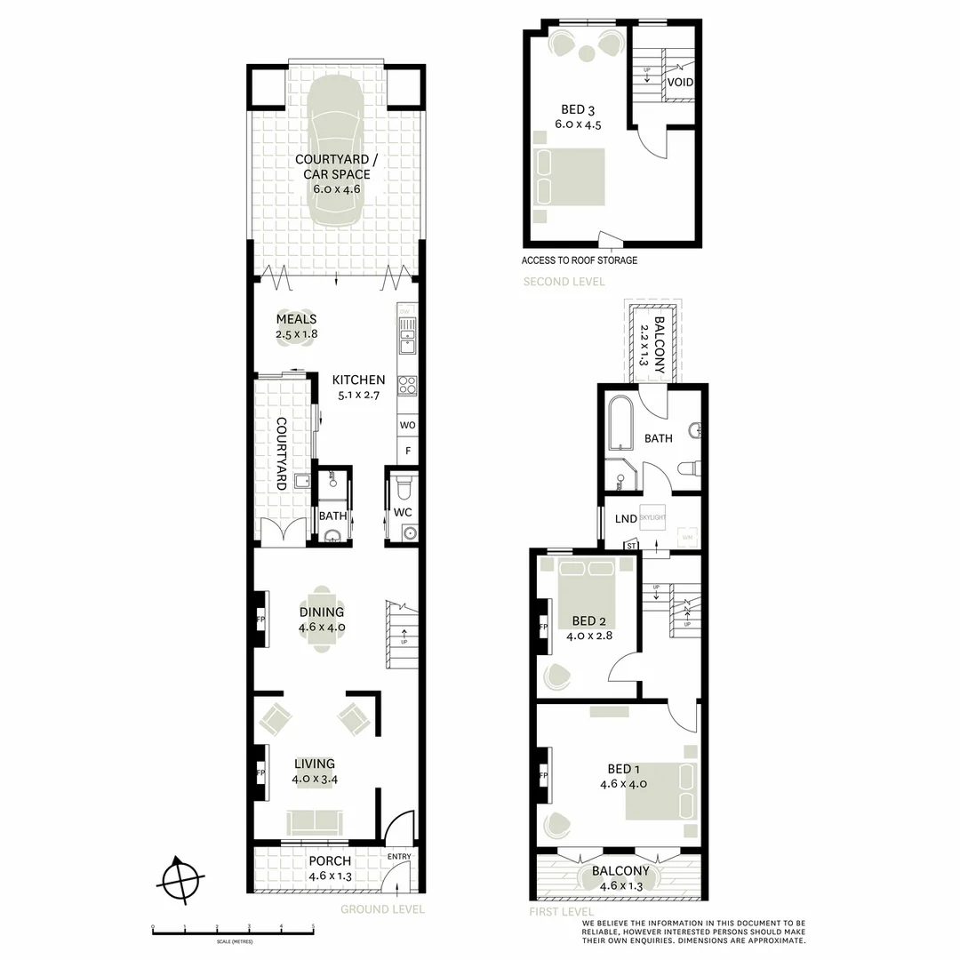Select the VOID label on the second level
coord(680,83)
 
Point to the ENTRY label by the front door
coord(399,856)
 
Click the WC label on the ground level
coord(404,513)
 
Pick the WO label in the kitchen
coord(407,426)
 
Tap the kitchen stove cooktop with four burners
coord(407,385)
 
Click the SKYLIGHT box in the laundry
coord(652,516)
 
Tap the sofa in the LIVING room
coord(314,820)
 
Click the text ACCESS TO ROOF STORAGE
coord(580,260)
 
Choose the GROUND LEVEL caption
coord(382,909)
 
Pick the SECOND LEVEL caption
coord(564,282)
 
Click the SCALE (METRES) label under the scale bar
coord(233,942)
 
